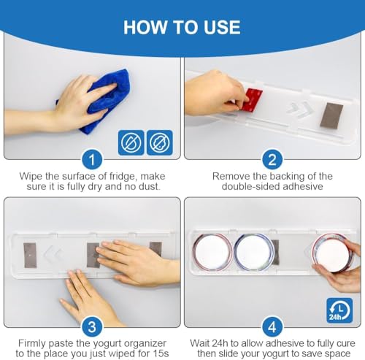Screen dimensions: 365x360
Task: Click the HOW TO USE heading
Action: point(182,27)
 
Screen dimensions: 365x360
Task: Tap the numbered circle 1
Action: point(92,160)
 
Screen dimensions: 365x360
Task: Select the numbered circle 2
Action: point(272,160)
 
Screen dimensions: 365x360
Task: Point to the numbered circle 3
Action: point(92,327)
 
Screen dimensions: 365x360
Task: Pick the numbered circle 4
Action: point(272,327)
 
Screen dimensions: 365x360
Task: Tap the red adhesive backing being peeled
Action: point(253,99)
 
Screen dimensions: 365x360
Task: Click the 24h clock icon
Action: point(339,310)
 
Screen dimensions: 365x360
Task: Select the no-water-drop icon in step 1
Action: point(131,142)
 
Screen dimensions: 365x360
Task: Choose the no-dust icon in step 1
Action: point(160,142)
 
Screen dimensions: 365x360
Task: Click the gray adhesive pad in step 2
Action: point(331,115)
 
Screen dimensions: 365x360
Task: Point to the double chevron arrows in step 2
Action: point(300,110)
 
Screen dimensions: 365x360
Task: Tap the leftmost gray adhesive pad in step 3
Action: point(30,256)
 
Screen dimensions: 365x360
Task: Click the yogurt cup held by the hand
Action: point(333,253)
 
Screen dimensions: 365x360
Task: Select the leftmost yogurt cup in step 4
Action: point(212,252)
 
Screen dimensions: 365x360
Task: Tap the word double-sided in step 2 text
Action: point(250,186)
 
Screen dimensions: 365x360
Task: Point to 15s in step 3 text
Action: point(160,353)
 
